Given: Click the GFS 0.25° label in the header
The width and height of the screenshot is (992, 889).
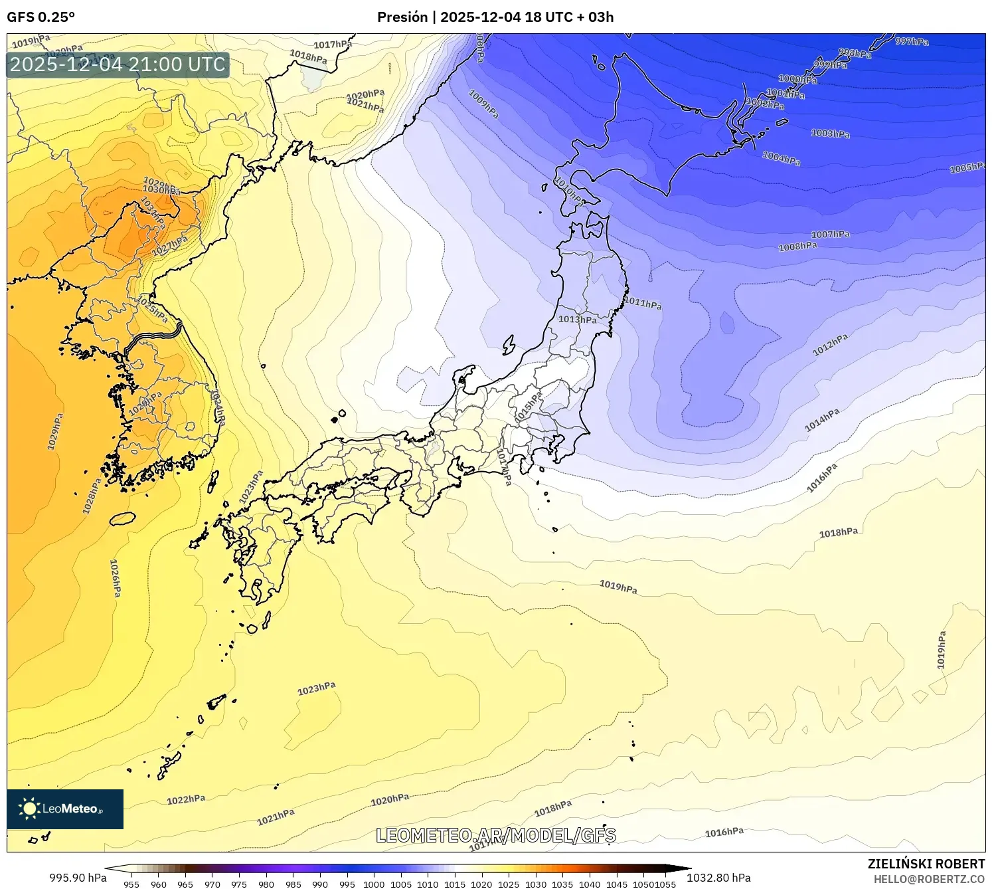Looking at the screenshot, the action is click(41, 17).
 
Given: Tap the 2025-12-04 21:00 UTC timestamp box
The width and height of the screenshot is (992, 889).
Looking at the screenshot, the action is click(118, 64).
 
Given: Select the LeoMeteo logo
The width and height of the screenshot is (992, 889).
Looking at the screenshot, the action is click(65, 809).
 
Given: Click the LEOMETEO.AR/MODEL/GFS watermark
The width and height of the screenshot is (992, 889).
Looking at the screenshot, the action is click(496, 835).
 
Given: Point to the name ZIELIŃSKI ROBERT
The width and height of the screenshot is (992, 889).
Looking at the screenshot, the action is click(926, 864).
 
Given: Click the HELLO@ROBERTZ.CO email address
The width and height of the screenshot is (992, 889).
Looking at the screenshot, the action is click(929, 879).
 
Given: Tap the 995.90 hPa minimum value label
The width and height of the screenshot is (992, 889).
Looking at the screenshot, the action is click(78, 878).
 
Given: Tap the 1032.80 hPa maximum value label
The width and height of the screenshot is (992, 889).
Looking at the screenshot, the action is click(718, 878).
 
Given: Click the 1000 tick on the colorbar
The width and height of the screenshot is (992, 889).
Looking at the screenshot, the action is click(374, 884).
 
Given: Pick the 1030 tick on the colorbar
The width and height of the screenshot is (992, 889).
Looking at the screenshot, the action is click(535, 884).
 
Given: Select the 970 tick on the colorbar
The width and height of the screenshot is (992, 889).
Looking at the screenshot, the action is click(212, 884).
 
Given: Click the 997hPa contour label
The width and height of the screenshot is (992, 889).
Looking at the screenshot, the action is click(912, 41).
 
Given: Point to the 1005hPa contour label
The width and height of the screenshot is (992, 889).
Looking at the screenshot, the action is click(967, 167).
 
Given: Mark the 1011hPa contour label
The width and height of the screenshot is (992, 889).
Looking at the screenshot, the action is click(643, 303).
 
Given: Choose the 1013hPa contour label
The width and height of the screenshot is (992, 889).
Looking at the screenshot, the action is click(577, 319).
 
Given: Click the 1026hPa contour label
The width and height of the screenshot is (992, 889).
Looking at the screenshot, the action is click(115, 577).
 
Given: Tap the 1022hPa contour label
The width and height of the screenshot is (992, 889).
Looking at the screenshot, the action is click(186, 800).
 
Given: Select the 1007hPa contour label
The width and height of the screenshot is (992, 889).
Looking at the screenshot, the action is click(830, 235).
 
